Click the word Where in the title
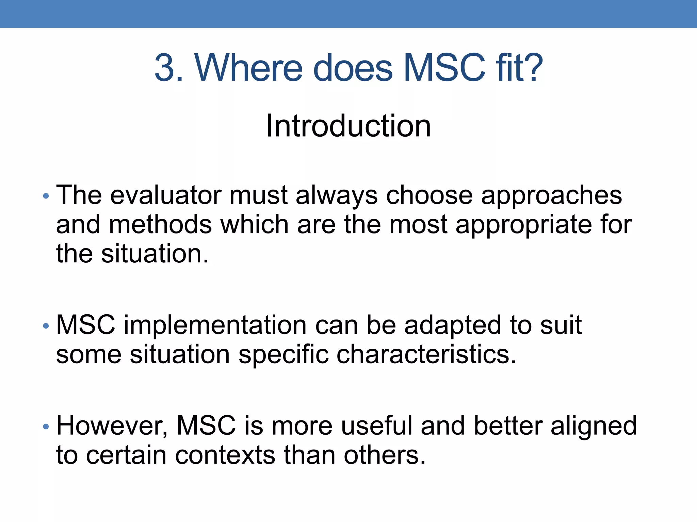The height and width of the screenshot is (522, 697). click(x=248, y=68)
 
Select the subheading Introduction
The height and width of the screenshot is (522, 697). click(x=348, y=126)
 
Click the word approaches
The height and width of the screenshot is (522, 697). click(x=551, y=196)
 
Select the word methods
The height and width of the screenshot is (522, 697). click(x=160, y=225)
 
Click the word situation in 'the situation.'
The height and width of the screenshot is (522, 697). click(x=155, y=254)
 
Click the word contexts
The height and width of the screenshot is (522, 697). click(x=225, y=455)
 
